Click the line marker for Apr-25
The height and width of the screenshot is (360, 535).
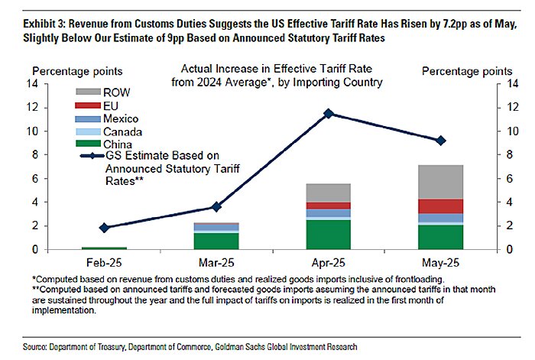329,113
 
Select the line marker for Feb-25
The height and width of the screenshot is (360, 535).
104,227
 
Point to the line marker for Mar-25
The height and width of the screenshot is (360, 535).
216,206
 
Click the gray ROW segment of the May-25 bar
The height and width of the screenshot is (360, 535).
440,182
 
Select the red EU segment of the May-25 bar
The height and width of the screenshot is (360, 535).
440,206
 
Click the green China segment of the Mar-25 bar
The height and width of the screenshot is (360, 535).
216,241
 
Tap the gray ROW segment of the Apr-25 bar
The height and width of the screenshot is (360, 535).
329,193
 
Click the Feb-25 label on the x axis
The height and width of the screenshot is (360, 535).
104,261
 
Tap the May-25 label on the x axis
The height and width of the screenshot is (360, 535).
440,261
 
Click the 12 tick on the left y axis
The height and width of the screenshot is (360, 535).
31,107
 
